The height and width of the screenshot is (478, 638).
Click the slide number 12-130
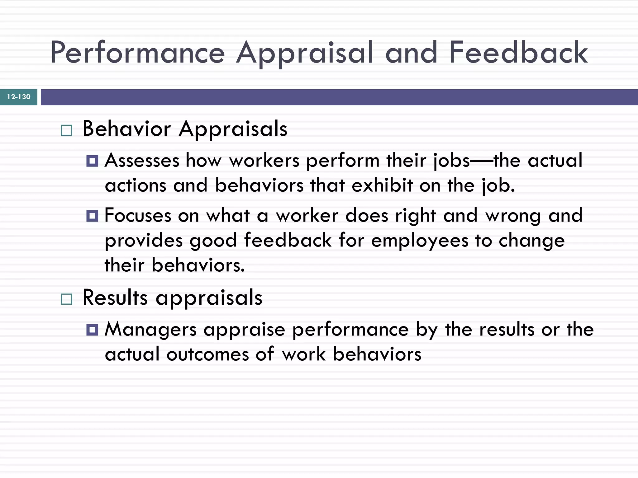coord(19,97)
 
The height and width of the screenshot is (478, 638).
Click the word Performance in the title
coord(137,53)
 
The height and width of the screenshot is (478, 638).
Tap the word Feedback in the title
coord(518,53)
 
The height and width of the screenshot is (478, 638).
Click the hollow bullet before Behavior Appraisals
coord(66,130)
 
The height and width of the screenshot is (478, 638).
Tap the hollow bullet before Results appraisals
coord(66,299)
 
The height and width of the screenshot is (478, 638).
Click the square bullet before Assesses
coord(92,161)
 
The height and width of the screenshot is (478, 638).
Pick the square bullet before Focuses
coord(92,216)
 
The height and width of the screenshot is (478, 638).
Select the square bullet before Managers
coord(92,330)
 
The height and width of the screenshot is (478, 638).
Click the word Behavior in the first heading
coord(126,129)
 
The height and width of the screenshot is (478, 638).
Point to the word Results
coord(115,298)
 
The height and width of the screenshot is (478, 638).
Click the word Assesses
coord(142,161)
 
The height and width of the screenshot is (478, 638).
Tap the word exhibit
coord(382,185)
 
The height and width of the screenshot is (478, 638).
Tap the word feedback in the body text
coord(288,240)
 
